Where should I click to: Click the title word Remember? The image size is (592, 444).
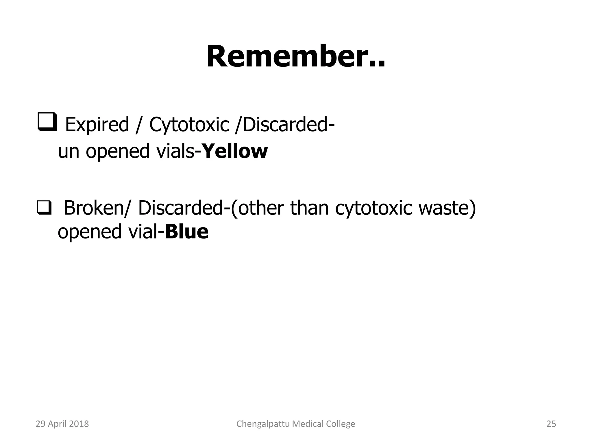coord(295,57)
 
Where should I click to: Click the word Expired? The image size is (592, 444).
coord(97,125)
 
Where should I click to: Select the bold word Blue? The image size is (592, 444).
coord(187,232)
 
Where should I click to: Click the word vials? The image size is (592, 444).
coord(175,151)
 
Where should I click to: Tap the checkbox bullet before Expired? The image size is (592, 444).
coord(47,123)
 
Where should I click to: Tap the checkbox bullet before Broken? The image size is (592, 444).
coord(44,208)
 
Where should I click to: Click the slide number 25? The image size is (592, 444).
coord(551,424)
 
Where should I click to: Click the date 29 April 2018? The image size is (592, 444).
coord(62,424)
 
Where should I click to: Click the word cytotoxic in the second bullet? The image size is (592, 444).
coord(373,208)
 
